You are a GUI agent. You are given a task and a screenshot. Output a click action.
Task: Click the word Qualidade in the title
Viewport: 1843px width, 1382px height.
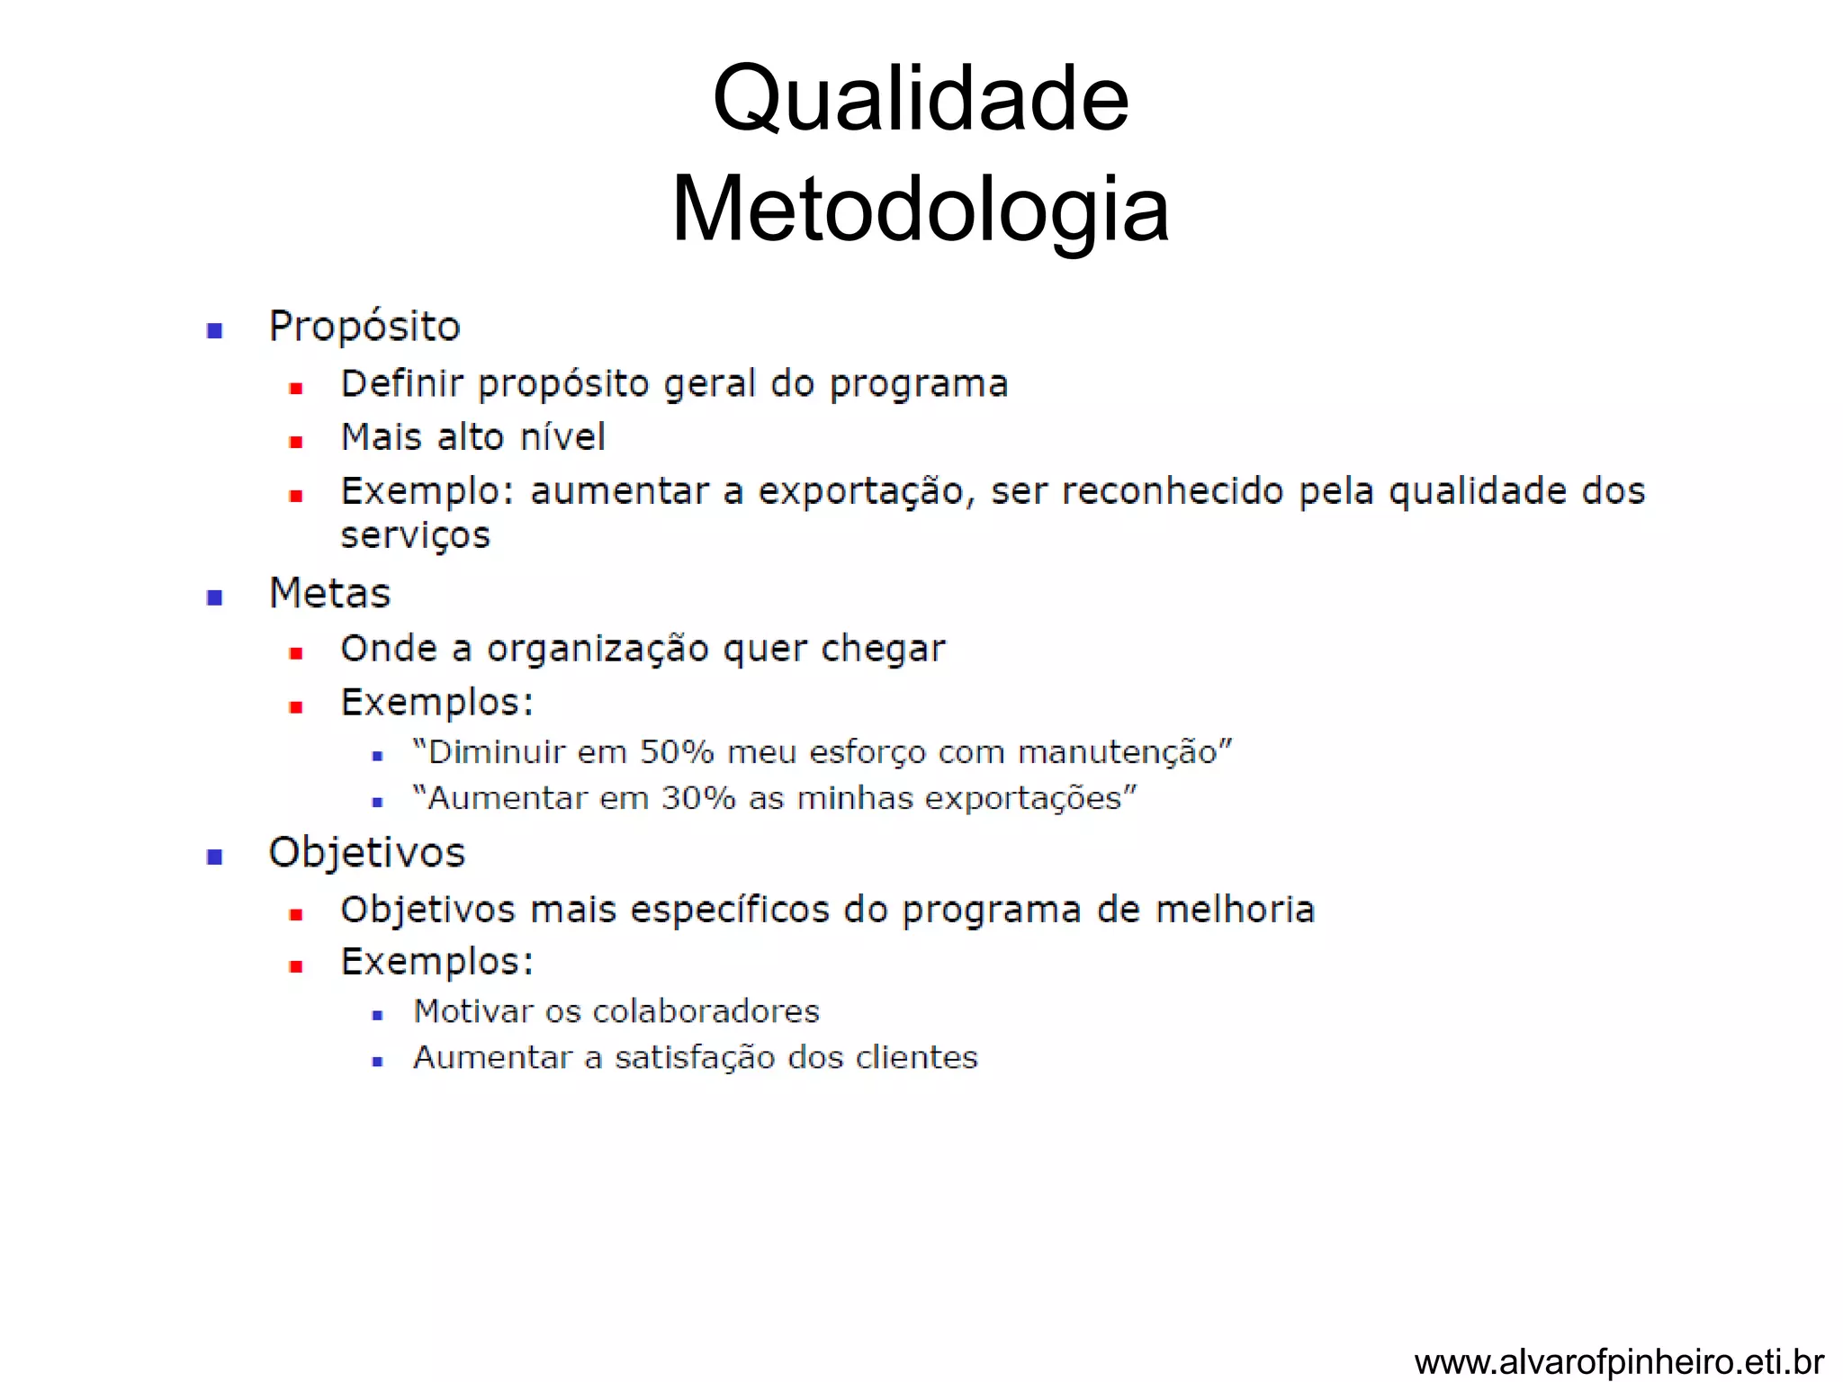tap(920, 99)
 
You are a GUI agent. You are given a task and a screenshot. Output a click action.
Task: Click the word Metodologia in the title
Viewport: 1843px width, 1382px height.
tap(920, 210)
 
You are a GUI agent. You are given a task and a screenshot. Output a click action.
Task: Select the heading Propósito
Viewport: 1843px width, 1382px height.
tap(364, 327)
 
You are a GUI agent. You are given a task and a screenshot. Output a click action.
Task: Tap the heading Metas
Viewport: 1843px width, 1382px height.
tap(329, 594)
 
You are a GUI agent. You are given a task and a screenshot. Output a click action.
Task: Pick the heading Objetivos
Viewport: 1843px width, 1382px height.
tap(366, 853)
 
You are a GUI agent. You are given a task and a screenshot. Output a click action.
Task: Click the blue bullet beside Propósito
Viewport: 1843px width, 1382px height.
tap(214, 330)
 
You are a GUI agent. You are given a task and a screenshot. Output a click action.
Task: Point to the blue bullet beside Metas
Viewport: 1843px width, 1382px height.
tap(214, 597)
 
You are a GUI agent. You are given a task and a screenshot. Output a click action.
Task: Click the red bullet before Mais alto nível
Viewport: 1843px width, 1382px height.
tap(295, 442)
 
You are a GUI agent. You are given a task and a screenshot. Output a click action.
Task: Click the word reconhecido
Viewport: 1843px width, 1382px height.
tap(1173, 491)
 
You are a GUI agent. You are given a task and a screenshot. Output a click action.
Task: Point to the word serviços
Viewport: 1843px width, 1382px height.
tap(415, 536)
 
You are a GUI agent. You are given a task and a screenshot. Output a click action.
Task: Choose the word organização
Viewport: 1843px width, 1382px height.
tap(598, 650)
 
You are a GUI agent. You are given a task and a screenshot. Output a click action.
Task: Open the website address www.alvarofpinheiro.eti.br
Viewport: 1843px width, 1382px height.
tap(1619, 1362)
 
